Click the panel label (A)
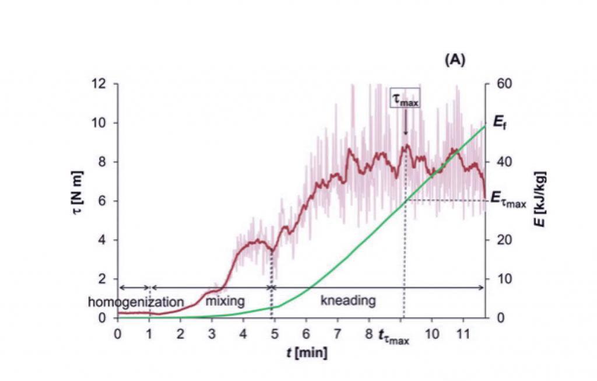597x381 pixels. pos(455,60)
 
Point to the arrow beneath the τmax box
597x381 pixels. pos(406,124)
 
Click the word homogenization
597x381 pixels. pos(136,302)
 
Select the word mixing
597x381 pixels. pos(224,302)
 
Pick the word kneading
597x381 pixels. pos(348,301)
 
